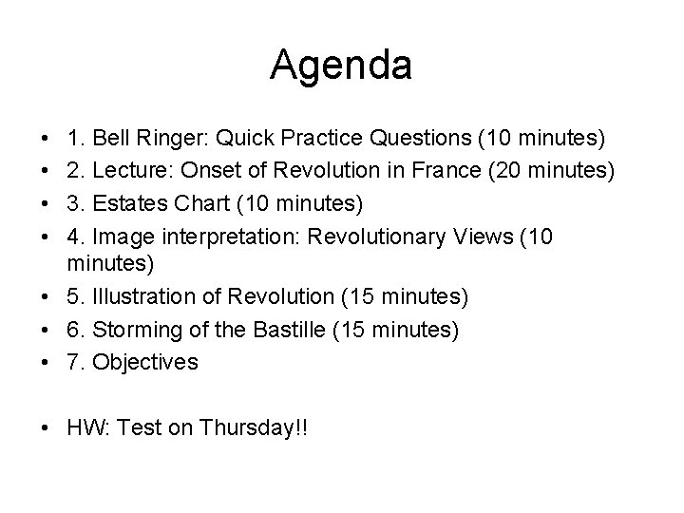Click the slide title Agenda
click(x=341, y=66)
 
